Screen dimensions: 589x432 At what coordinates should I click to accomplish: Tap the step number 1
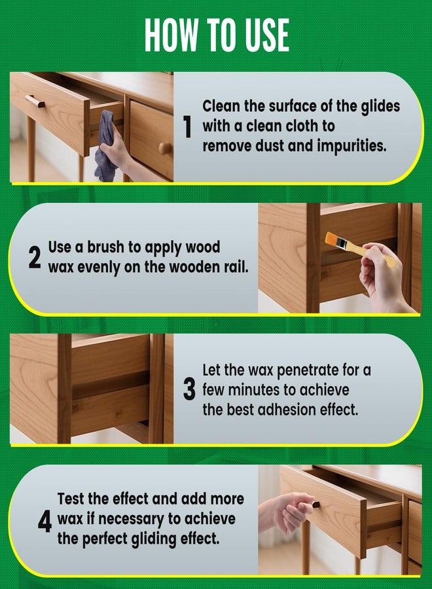(x=188, y=127)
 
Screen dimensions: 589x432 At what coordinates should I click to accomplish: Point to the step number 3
(x=189, y=390)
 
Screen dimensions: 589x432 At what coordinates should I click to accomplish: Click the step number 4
(x=45, y=521)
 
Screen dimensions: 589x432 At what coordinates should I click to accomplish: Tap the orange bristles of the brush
(x=335, y=239)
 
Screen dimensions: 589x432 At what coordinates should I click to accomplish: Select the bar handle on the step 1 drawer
(x=35, y=101)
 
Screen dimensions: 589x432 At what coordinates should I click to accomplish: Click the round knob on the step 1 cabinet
(x=165, y=148)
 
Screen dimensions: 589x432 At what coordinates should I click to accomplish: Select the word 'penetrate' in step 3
(x=288, y=370)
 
